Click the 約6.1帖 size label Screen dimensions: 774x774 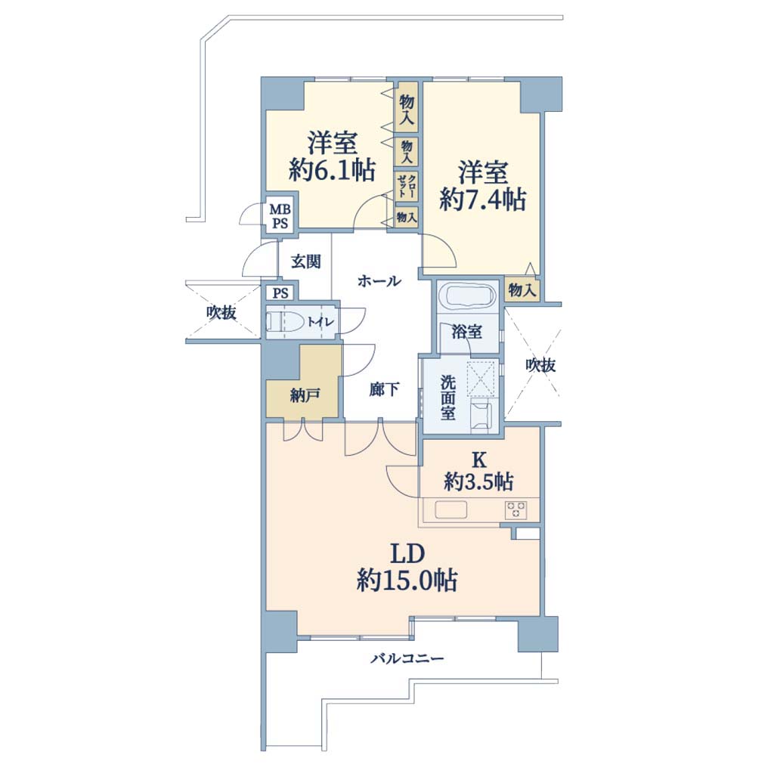(332, 170)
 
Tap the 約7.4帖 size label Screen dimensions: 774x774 (482, 200)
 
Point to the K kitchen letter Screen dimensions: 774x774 (478, 460)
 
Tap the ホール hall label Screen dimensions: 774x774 (379, 281)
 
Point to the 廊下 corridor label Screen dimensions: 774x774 (384, 390)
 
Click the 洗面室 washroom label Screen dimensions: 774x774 (447, 398)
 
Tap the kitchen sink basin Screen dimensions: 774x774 (450, 510)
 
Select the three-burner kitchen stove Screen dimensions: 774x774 (515, 509)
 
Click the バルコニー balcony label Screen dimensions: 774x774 (407, 658)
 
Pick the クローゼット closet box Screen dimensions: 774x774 (406, 186)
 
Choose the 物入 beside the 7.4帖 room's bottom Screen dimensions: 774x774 (522, 289)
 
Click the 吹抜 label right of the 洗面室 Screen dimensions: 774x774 (540, 365)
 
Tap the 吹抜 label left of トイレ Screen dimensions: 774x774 (221, 312)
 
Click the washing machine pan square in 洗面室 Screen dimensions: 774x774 (481, 378)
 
